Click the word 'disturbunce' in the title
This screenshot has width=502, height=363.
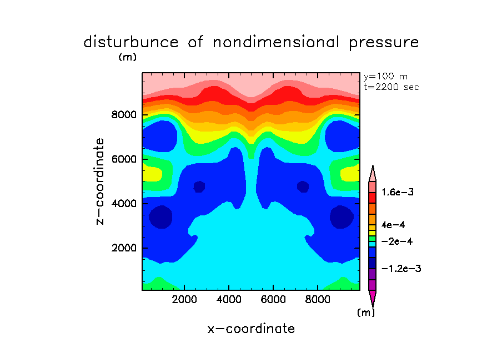131,42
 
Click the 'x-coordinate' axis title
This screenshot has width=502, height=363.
251,329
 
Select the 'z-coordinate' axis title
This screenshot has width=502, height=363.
101,181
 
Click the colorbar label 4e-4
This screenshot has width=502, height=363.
393,225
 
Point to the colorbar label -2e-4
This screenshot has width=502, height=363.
396,241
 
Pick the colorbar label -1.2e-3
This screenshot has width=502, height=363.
401,269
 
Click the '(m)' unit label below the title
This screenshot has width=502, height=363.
127,57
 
